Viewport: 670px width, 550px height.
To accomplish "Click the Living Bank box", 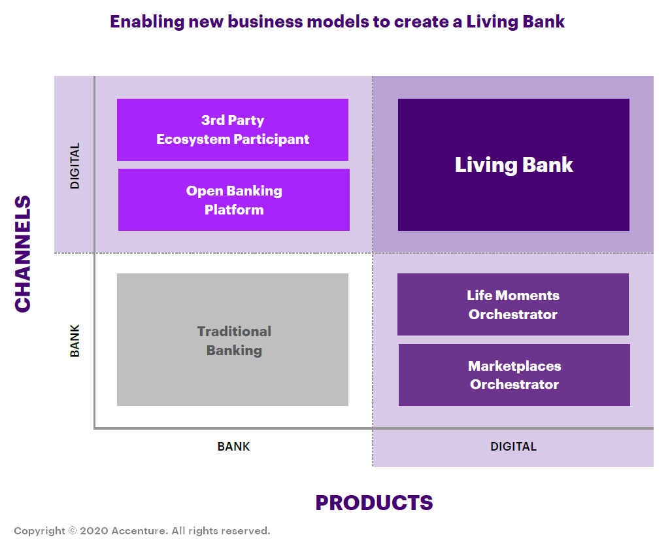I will click(x=514, y=165).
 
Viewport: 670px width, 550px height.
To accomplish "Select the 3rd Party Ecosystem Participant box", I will click(x=233, y=129).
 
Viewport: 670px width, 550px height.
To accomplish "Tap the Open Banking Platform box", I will click(x=234, y=200).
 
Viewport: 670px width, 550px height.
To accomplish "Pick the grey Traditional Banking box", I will click(x=233, y=340).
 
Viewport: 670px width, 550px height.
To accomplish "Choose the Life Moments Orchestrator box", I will click(x=513, y=305).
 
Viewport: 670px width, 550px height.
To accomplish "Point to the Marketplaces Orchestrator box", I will click(x=514, y=375).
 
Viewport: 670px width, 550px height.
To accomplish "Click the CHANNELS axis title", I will click(x=23, y=254).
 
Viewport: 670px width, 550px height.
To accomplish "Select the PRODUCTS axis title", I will click(x=374, y=502).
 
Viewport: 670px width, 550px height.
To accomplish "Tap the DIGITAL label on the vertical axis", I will click(x=75, y=166).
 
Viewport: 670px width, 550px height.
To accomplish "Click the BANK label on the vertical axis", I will click(x=75, y=341).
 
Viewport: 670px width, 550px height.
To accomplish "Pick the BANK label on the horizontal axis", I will click(x=234, y=447).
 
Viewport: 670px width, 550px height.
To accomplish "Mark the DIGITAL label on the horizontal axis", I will click(x=514, y=447).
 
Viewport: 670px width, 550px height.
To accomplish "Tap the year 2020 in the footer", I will click(x=94, y=530).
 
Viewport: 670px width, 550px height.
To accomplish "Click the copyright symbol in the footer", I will click(x=73, y=530).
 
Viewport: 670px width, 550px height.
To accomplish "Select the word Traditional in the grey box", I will click(x=234, y=332).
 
